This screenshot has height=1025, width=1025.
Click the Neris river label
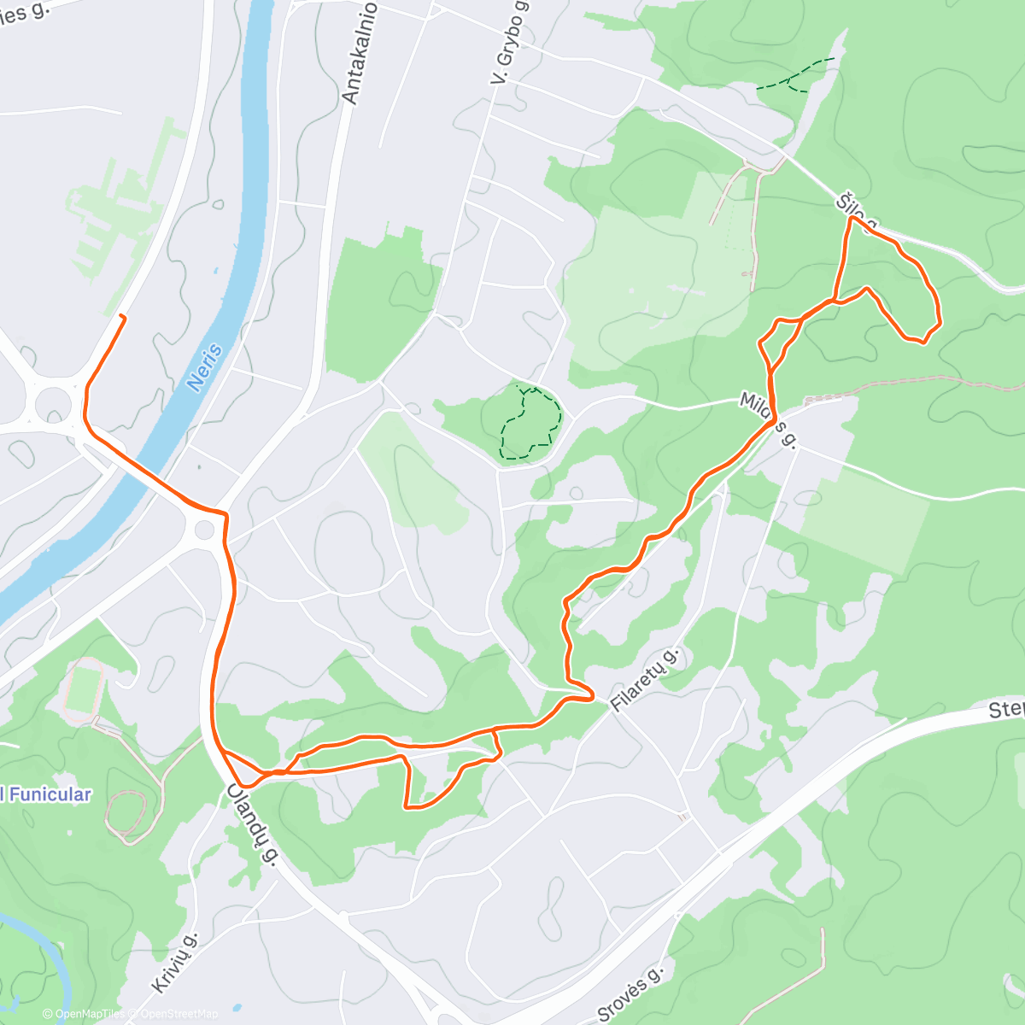tap(205, 368)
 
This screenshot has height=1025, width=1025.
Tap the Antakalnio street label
tap(360, 53)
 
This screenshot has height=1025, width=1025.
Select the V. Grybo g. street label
tap(511, 43)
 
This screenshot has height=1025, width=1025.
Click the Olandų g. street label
tap(253, 824)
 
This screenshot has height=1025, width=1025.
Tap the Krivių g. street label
tap(175, 963)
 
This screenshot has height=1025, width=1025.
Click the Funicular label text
tap(47, 794)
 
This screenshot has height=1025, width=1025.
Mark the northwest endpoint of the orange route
tap(124, 317)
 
